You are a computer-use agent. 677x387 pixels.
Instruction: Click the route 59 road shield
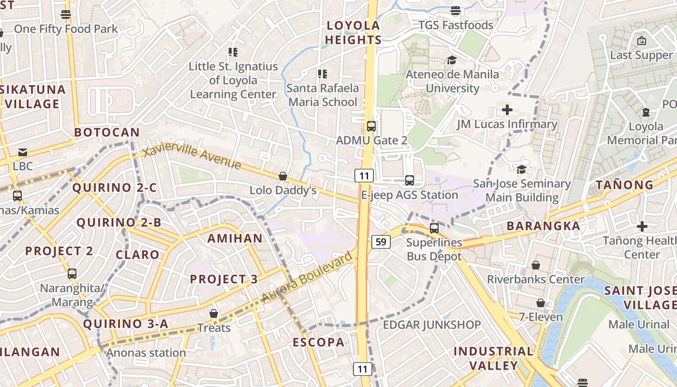tap(381, 241)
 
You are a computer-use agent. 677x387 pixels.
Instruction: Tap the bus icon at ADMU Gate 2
tap(371, 126)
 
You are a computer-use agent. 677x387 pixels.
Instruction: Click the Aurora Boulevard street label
tap(308, 277)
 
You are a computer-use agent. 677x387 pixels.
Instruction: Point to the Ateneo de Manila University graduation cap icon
tap(452, 60)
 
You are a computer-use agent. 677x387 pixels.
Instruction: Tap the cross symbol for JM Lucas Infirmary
tap(507, 110)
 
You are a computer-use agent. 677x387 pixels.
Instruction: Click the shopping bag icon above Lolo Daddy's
tap(283, 176)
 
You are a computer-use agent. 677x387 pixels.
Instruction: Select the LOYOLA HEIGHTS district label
tap(353, 33)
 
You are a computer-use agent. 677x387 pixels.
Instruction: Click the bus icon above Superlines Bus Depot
tap(434, 228)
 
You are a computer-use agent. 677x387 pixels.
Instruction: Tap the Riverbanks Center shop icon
tap(535, 265)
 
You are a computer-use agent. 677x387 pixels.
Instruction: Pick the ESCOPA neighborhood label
tap(319, 342)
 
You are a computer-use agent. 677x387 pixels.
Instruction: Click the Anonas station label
tap(146, 353)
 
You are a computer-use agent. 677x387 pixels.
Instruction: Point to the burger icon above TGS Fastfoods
tap(455, 11)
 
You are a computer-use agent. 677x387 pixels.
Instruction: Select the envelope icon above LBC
tap(23, 152)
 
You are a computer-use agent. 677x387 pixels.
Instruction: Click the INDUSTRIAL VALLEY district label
tap(493, 358)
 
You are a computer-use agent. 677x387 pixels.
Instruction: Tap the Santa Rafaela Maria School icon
tap(323, 74)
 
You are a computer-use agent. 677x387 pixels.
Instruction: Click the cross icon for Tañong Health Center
tap(642, 226)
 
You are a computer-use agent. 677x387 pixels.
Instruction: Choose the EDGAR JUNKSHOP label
tap(432, 325)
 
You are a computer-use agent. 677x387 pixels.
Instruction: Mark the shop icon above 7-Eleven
tap(541, 303)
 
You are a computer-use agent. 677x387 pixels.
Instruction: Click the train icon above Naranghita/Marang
tap(72, 274)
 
